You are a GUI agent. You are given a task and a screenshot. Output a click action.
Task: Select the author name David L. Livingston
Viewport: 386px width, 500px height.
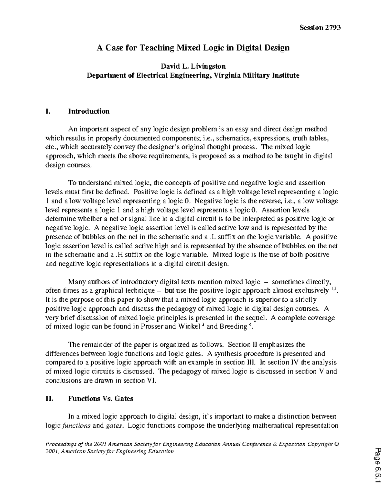pos(193,66)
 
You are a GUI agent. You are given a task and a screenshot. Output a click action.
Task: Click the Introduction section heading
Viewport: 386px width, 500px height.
pos(88,111)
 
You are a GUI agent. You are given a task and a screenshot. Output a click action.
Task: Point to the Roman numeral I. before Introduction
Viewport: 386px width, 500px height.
pos(48,111)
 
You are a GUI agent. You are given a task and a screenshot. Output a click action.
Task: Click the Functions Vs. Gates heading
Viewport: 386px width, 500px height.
pos(100,399)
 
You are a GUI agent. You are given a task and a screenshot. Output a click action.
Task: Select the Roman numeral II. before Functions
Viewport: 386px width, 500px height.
pos(49,399)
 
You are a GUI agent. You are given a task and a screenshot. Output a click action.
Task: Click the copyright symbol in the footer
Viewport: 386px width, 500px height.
pos(337,444)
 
